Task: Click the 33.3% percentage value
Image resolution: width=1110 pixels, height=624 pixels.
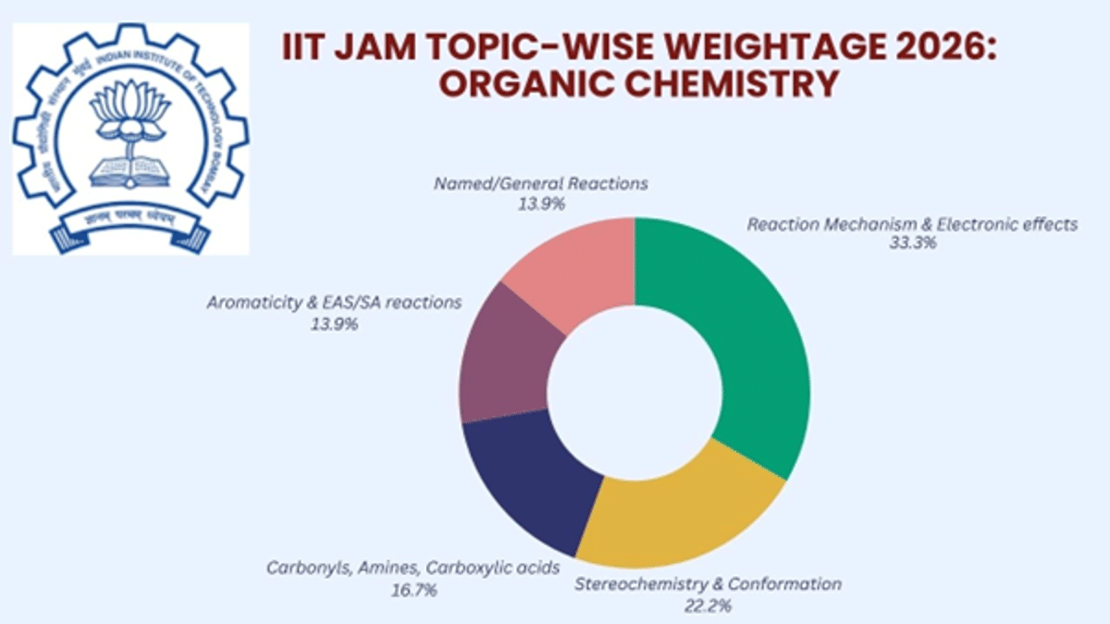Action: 911,243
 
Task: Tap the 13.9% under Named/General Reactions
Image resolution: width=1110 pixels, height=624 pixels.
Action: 541,202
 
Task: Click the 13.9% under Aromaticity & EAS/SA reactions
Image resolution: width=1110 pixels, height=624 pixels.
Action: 335,324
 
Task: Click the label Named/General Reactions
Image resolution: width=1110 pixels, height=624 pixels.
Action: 541,183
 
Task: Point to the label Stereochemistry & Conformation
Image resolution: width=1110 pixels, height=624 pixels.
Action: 709,584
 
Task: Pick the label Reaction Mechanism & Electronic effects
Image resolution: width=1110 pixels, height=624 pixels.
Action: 912,225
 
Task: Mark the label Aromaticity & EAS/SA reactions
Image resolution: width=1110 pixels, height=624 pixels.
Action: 335,304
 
